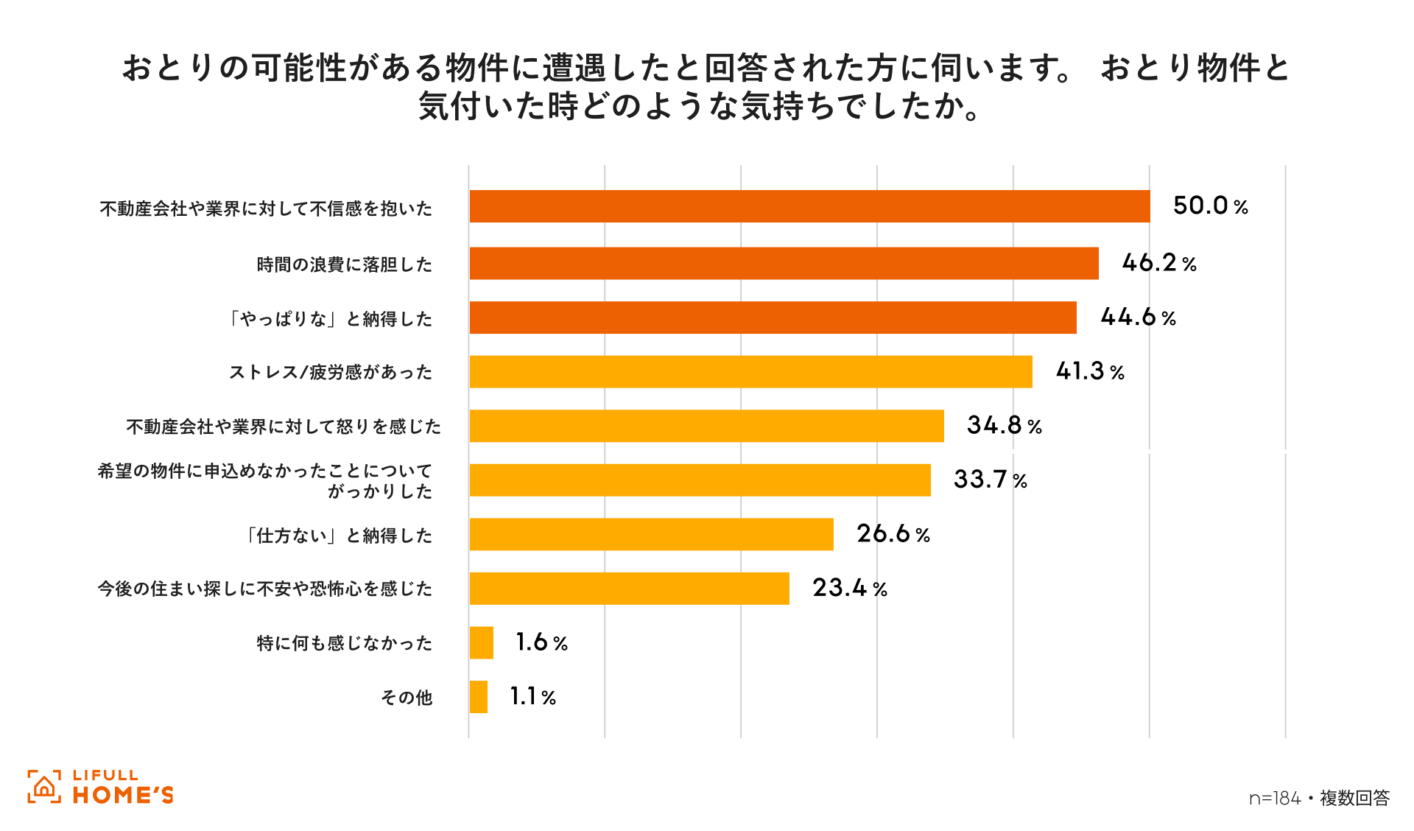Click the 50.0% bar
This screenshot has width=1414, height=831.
pyautogui.click(x=809, y=206)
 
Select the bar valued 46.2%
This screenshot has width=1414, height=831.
pyautogui.click(x=784, y=263)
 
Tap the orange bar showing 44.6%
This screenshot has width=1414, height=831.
pyautogui.click(x=773, y=318)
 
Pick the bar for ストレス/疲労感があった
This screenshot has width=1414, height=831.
pyautogui.click(x=750, y=371)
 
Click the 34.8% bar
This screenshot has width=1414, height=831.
pyautogui.click(x=706, y=426)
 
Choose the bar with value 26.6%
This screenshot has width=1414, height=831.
pyautogui.click(x=651, y=534)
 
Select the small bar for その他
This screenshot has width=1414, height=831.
pyautogui.click(x=479, y=697)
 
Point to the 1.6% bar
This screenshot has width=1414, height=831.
pyautogui.click(x=482, y=642)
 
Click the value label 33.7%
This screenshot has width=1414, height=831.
pyautogui.click(x=990, y=480)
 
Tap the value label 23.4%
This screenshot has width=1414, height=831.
pyautogui.click(x=849, y=588)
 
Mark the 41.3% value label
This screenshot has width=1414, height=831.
pyautogui.click(x=1090, y=371)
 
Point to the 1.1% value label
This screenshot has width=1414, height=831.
pyautogui.click(x=532, y=697)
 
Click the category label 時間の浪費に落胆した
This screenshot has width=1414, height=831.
pyautogui.click(x=344, y=264)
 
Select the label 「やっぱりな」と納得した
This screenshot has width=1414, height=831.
pyautogui.click(x=330, y=319)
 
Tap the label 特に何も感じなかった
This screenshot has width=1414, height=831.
pyautogui.click(x=344, y=643)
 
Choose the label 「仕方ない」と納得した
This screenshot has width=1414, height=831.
pyautogui.click(x=338, y=536)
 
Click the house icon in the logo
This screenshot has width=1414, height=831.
pyautogui.click(x=44, y=787)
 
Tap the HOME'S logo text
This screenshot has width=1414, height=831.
pyautogui.click(x=123, y=795)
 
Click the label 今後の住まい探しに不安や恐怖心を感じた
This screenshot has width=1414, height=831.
pyautogui.click(x=264, y=589)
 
